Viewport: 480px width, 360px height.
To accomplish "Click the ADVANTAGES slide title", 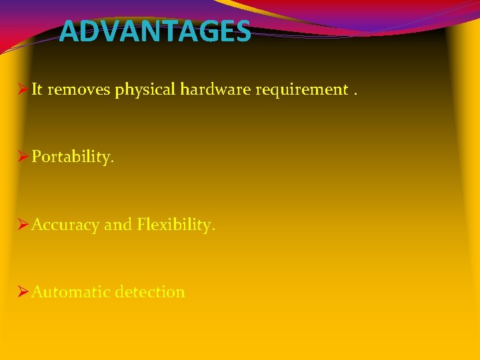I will (x=155, y=31).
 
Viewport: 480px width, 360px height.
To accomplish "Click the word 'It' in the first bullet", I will (x=37, y=90).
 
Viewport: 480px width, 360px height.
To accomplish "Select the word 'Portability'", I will (x=73, y=158).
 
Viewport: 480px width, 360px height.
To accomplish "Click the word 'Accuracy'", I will (x=65, y=225).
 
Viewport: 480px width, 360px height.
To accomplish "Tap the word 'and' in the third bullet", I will (x=118, y=225).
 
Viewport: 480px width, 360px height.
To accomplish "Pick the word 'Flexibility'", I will (x=176, y=225).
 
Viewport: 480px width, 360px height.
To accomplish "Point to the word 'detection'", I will (x=150, y=292).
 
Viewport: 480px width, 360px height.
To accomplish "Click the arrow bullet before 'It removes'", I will (x=22, y=90).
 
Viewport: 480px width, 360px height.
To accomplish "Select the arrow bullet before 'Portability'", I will (x=22, y=157).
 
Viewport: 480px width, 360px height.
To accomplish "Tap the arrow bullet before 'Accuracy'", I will (x=22, y=225).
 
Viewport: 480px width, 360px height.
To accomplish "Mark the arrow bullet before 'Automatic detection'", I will (x=22, y=292).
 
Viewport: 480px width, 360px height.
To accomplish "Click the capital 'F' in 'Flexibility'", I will (x=142, y=225).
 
